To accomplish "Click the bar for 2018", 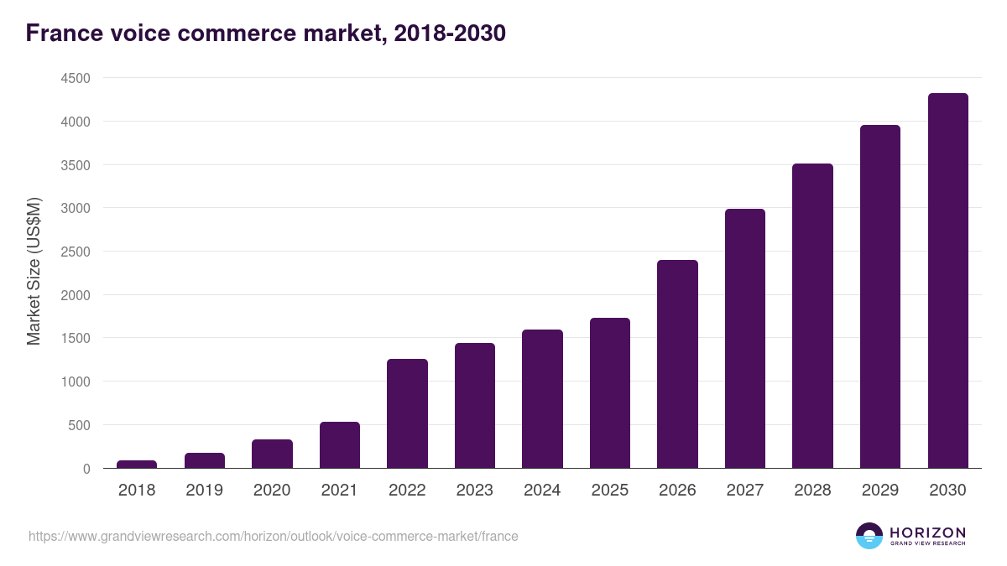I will [x=137, y=465].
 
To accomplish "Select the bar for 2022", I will [x=407, y=413].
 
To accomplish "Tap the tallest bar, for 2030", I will [x=947, y=281].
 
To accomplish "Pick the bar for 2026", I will [x=677, y=364].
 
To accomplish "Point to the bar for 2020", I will [x=272, y=454].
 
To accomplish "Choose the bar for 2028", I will [x=812, y=316].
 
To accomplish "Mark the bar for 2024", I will [x=542, y=399].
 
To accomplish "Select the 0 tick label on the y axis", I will [x=86, y=469].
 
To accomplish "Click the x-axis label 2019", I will [x=204, y=491].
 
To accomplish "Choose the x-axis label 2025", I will [x=609, y=491].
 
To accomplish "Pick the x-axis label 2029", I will [x=879, y=491].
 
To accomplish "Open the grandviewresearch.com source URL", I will [x=274, y=536].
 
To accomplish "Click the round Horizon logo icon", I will [x=869, y=536].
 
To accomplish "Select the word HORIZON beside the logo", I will [x=927, y=532].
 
